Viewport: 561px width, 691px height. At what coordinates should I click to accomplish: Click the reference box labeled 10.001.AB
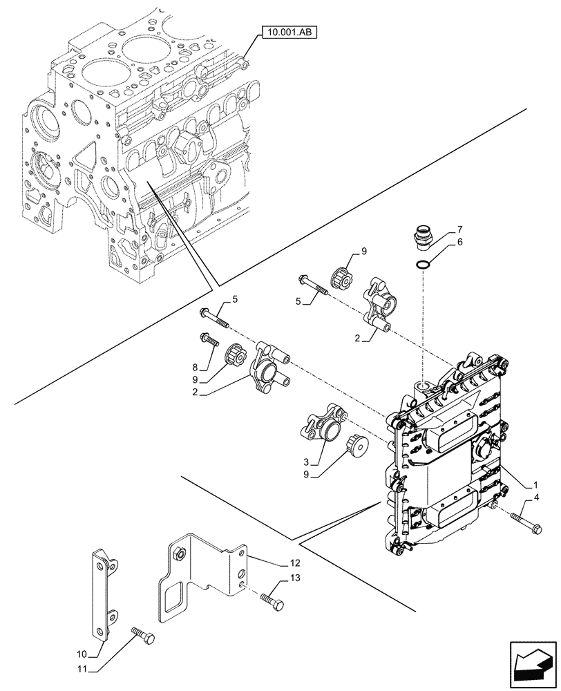285,31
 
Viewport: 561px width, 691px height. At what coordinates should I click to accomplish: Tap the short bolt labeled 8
208,339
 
